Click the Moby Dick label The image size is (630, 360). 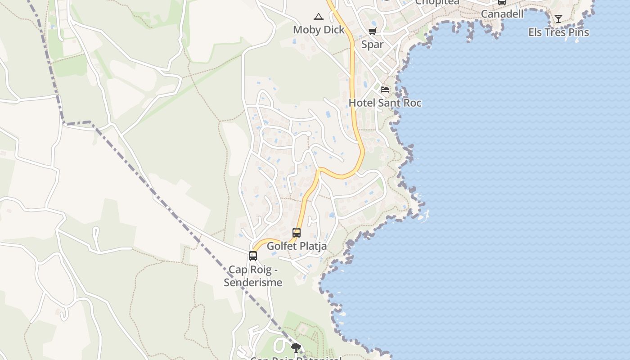319,30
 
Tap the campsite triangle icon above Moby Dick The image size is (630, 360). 319,17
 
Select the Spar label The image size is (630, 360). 373,45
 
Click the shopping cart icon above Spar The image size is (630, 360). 372,31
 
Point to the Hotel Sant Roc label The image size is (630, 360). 385,103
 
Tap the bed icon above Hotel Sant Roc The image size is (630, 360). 385,89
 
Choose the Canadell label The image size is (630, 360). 502,14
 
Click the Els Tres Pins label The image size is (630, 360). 558,32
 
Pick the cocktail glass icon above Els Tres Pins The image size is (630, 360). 558,19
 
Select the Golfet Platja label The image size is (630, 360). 297,247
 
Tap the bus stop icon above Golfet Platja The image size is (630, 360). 297,233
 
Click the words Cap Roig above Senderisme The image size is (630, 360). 250,270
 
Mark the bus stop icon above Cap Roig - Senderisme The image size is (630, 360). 253,256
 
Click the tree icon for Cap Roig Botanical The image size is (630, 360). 296,347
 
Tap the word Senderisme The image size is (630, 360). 253,283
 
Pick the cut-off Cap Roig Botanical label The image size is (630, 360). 296,358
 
